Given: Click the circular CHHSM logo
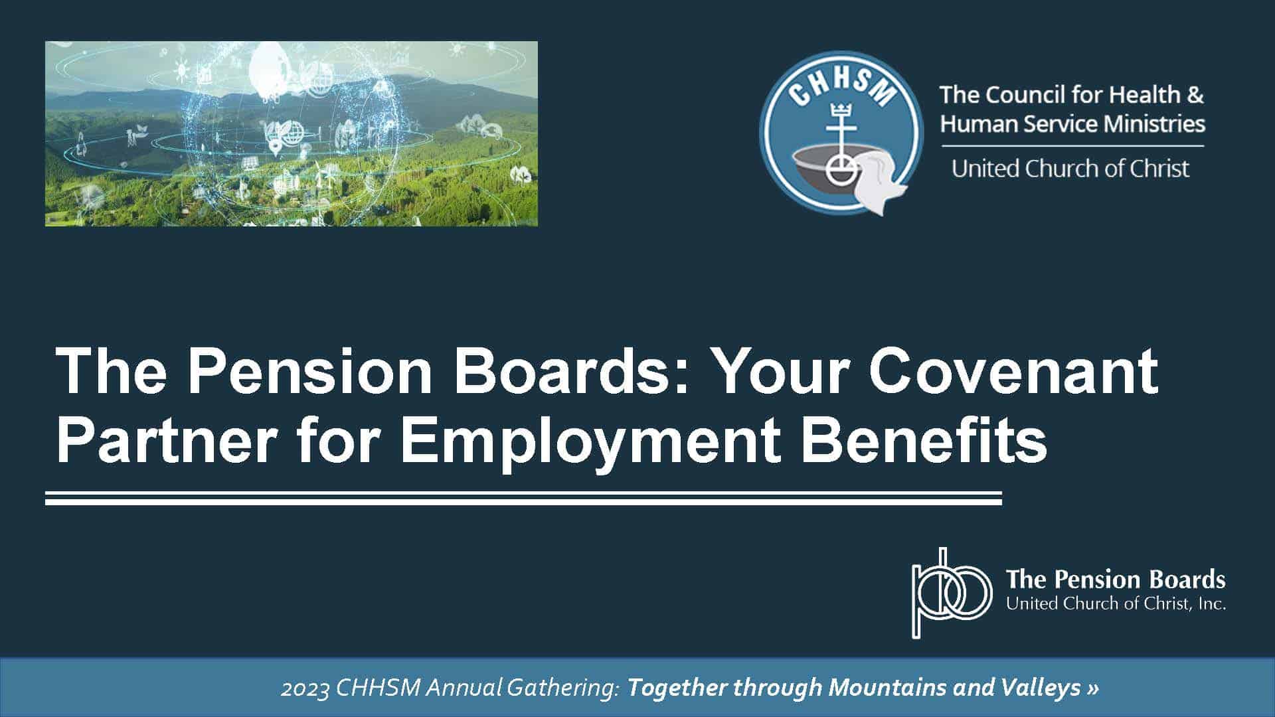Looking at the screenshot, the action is (841, 133).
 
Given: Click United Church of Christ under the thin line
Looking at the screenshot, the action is (1070, 169).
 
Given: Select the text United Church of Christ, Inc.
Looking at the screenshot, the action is (1116, 603).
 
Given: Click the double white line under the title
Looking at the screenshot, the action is (523, 498).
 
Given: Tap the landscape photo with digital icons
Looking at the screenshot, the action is (292, 133).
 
